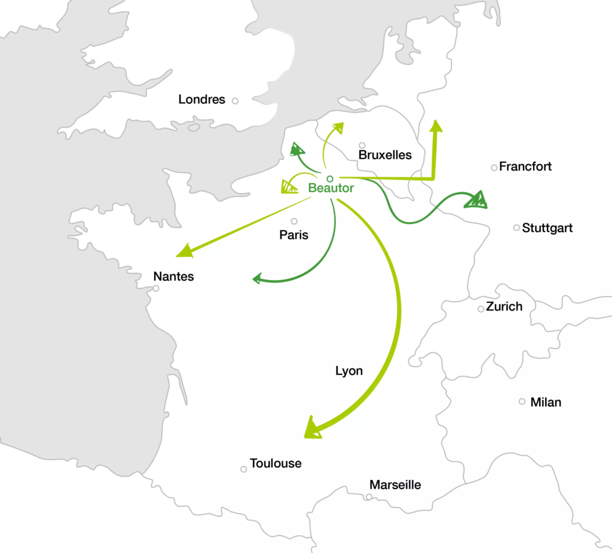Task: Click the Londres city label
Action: point(201,100)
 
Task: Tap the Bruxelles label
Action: point(385,155)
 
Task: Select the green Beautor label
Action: point(331,188)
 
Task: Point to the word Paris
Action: point(294,235)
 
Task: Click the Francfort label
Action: point(525,167)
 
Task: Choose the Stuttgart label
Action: point(547,228)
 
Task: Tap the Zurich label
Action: point(504,307)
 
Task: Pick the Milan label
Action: point(546,403)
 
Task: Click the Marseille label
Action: point(395,485)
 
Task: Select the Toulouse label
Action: point(276,463)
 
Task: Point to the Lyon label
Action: point(349,371)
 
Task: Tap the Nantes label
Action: point(174,276)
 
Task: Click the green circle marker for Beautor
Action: point(329,179)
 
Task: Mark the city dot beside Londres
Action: point(235,101)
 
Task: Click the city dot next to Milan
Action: point(522,401)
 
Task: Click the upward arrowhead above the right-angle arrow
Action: point(436,125)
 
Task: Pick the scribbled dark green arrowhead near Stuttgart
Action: point(477,200)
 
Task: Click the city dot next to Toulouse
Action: point(244,469)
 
